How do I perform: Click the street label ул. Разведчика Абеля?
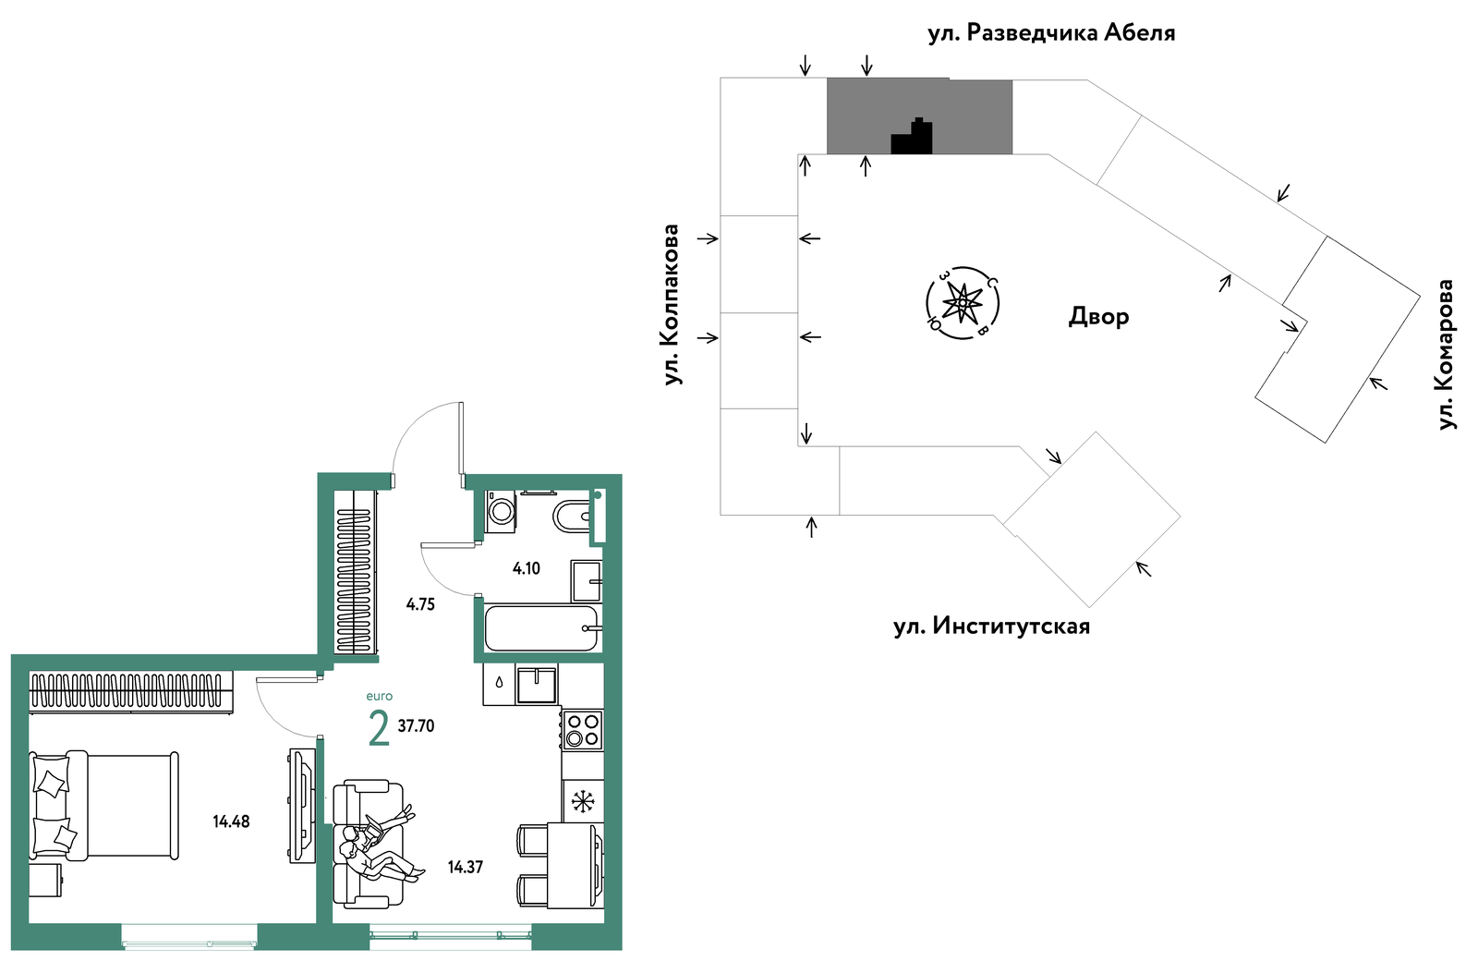click(x=1051, y=33)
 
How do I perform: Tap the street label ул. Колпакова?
click(x=671, y=304)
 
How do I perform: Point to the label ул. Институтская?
click(x=991, y=626)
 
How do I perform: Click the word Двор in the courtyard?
click(x=1098, y=317)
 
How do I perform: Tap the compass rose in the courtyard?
click(x=963, y=303)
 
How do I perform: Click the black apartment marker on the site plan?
click(x=912, y=137)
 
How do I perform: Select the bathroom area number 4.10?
click(x=526, y=568)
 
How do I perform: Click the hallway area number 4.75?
click(x=420, y=604)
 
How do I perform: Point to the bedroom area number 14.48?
click(x=231, y=821)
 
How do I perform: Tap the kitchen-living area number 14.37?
click(x=466, y=868)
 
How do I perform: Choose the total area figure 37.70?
click(x=417, y=726)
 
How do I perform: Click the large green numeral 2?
click(x=379, y=728)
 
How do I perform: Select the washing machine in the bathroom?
click(x=500, y=512)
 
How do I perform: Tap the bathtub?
click(x=542, y=628)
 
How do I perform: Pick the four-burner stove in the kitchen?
click(x=582, y=729)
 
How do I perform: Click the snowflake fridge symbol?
click(x=583, y=801)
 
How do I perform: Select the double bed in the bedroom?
click(x=104, y=805)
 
